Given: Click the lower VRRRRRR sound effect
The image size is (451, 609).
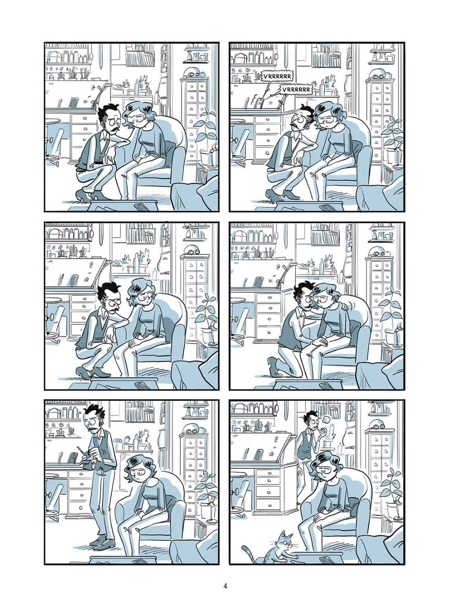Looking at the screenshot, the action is click(296, 90).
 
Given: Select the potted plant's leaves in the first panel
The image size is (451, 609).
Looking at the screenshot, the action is click(205, 128).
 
